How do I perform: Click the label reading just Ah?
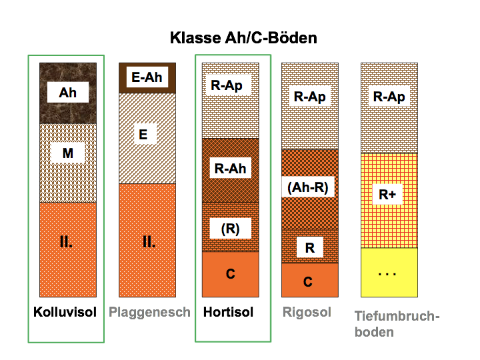[67, 93]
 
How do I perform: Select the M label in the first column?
[67, 154]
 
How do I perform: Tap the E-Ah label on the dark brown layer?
[147, 78]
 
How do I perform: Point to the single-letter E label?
[143, 135]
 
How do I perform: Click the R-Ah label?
[230, 169]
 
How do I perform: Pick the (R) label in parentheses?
[230, 228]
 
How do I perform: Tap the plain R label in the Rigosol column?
[309, 248]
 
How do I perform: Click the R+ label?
[388, 195]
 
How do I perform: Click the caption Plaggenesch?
[150, 312]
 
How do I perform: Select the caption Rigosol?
[306, 312]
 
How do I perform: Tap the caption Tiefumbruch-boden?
[397, 323]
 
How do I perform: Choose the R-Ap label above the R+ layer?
[389, 97]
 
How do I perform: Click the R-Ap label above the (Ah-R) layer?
[309, 97]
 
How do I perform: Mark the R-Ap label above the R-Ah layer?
[227, 85]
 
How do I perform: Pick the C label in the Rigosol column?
[308, 282]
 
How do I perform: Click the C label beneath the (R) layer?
[230, 274]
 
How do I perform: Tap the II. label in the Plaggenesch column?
[149, 242]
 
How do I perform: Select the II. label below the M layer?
[66, 242]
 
